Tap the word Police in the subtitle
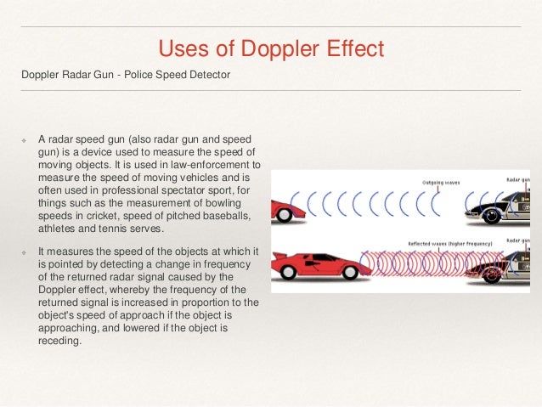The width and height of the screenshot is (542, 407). (141, 75)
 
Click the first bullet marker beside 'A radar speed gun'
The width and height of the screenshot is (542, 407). (25, 138)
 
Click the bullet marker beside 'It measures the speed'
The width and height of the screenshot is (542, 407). (25, 253)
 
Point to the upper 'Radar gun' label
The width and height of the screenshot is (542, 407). (520, 180)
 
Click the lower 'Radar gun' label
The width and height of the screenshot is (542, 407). (520, 241)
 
